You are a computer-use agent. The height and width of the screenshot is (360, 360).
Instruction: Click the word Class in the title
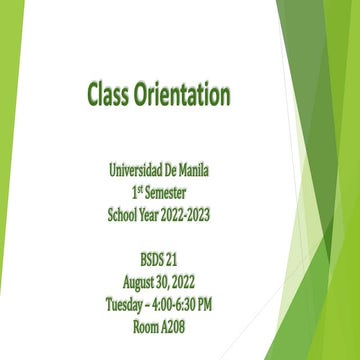tap(112, 95)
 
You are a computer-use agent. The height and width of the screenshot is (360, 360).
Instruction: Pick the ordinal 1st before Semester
tap(133, 191)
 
